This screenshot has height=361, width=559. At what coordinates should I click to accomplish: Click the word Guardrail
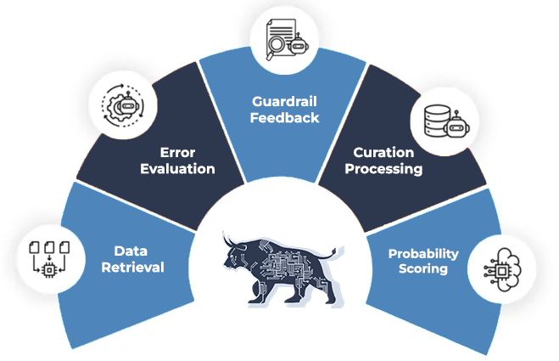284,102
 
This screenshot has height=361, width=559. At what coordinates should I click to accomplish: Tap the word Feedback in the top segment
284,118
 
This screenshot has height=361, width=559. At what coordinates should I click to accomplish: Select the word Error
177,153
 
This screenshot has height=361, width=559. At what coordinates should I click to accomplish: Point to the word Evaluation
177,168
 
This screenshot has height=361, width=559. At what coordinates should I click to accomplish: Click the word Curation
383,153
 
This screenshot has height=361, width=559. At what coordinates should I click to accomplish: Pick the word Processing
383,169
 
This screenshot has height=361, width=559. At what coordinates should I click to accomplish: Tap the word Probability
423,254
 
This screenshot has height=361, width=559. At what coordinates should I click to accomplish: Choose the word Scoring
423,268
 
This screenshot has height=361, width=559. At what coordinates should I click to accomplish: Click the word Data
131,251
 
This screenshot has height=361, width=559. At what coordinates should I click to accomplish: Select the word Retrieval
132,267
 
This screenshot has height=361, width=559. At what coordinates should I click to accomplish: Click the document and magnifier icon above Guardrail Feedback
288,40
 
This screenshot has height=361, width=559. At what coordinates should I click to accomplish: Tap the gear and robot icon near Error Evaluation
123,105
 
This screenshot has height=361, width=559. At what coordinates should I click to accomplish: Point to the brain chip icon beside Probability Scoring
502,269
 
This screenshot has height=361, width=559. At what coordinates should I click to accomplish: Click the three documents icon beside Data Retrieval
49,259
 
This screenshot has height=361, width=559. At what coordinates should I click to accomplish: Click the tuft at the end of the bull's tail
333,251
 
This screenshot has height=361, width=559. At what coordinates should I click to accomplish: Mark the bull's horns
231,240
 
